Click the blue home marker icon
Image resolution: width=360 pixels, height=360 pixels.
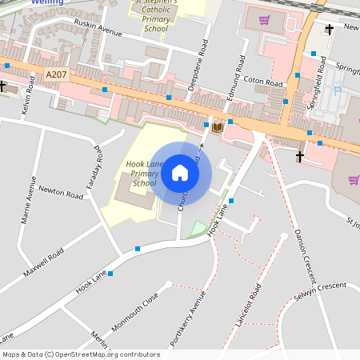pos(180,173)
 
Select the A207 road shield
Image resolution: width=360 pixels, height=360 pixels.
pos(56,75)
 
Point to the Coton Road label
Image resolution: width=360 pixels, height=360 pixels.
pos(264,82)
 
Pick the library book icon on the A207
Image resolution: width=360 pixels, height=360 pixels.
pos(217,126)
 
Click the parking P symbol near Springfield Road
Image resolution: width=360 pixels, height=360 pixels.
pos(337,91)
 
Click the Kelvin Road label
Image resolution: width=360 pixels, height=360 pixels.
pos(29,94)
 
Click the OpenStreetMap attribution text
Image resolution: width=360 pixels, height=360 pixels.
pos(81,354)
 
